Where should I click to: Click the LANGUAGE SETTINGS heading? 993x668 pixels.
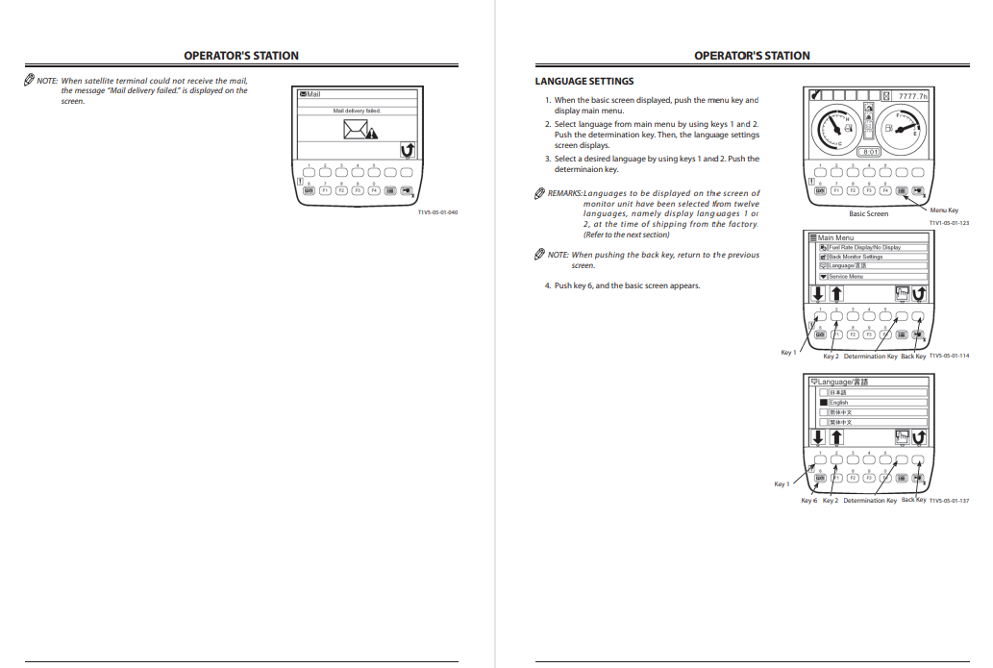[583, 81]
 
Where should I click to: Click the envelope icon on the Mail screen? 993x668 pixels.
[354, 131]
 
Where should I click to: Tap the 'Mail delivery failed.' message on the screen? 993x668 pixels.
[357, 111]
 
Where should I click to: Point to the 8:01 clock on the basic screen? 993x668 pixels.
[870, 152]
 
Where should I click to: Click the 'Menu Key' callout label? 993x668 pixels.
[943, 210]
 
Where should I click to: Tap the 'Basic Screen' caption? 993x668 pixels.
[868, 213]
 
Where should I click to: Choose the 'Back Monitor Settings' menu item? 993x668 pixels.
[856, 257]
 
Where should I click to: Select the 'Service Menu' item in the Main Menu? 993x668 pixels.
[846, 276]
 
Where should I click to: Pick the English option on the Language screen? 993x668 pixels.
[838, 403]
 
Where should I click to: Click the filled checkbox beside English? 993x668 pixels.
[823, 403]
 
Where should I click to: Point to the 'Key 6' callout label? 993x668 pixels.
[808, 500]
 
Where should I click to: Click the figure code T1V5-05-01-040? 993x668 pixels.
[437, 211]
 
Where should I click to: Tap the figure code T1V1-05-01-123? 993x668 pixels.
[949, 222]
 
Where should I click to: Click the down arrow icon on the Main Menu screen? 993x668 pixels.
[818, 294]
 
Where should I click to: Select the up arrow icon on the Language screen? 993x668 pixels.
[836, 438]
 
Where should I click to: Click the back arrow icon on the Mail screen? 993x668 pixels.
[408, 150]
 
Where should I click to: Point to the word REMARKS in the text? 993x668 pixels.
[565, 193]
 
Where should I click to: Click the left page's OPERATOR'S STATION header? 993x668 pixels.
[241, 56]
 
